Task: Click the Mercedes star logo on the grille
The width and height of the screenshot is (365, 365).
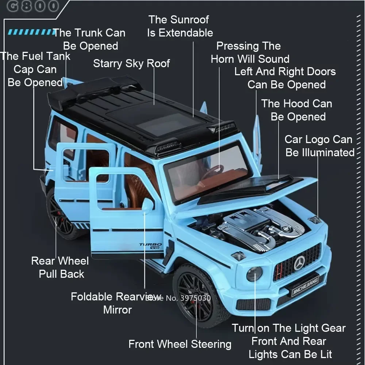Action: click(x=299, y=262)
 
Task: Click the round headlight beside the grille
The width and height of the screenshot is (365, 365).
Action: click(x=254, y=274)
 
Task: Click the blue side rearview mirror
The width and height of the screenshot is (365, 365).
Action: click(x=147, y=205)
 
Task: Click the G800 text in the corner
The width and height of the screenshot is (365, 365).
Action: click(x=32, y=6)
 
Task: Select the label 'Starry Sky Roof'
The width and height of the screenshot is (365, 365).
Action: click(x=131, y=64)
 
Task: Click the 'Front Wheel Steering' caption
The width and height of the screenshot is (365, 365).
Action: click(x=180, y=344)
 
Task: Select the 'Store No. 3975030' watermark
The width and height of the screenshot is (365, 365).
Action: click(x=178, y=298)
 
